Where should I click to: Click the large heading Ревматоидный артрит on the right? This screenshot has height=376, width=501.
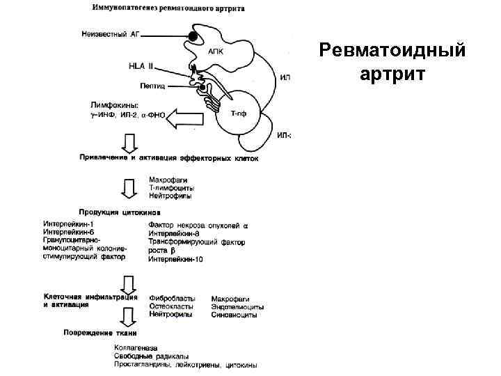(x=391, y=62)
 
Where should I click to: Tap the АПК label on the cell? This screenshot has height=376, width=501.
(x=216, y=51)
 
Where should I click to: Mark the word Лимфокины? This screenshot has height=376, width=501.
(x=105, y=105)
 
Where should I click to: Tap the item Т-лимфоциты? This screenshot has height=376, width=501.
(x=171, y=189)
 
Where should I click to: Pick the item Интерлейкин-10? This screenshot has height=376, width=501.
(x=175, y=259)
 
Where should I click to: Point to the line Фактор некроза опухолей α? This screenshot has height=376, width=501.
(x=198, y=225)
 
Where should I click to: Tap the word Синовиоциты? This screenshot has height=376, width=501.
(x=234, y=315)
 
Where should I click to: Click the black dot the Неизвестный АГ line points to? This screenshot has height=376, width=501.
(x=192, y=35)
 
